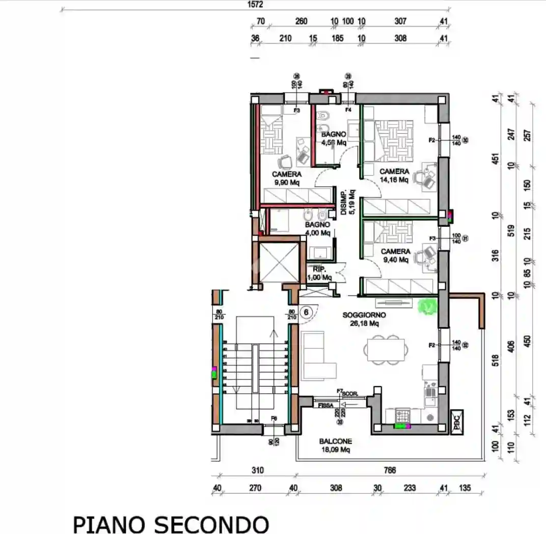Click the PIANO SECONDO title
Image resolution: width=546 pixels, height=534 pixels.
[171, 524]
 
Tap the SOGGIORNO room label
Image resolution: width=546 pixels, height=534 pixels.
[364, 319]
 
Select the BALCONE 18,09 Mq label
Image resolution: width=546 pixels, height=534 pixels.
[335, 446]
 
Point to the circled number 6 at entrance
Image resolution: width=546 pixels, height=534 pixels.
[306, 312]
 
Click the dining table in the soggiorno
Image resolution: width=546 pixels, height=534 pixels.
[386, 349]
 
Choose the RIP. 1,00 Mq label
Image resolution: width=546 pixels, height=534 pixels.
[319, 273]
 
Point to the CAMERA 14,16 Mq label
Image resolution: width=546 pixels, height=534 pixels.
[394, 175]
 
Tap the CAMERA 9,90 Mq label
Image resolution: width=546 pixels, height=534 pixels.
[286, 178]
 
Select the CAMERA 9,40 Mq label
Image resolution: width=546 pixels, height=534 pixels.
[395, 255]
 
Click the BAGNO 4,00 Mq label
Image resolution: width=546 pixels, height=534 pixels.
[317, 228]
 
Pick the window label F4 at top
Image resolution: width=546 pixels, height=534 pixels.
[348, 109]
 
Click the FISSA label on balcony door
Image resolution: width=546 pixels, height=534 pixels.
[325, 405]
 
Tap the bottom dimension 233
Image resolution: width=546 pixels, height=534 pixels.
[409, 488]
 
